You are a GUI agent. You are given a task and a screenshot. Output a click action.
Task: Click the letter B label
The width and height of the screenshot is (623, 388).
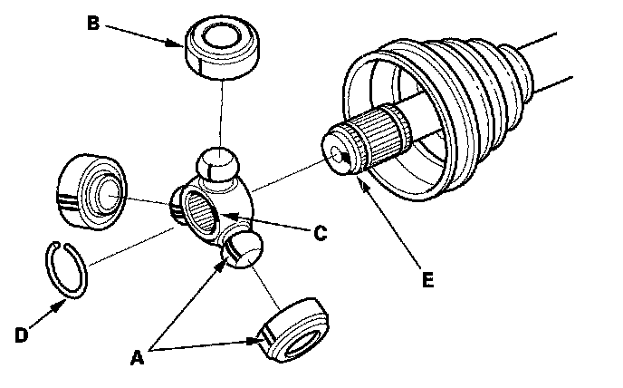pos(92,22)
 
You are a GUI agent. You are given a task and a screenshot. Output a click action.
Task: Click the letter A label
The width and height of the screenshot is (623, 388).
pos(139,357)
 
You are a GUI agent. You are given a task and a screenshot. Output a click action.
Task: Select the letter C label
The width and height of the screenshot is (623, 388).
pos(320,232)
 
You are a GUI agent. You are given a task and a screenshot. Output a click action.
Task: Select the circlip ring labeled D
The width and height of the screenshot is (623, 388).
pos(67,268)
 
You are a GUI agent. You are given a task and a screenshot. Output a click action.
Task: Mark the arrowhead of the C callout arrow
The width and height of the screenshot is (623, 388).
pos(224,215)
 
